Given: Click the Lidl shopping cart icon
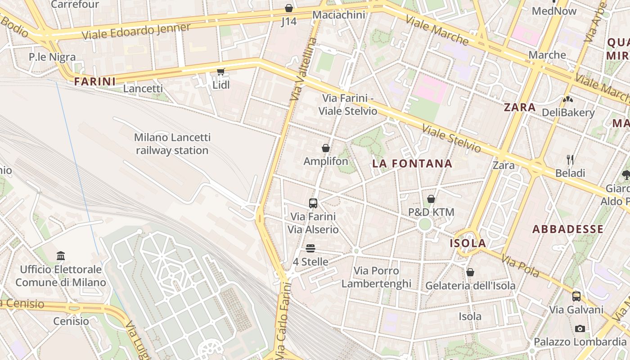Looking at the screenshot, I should pyautogui.click(x=220, y=72).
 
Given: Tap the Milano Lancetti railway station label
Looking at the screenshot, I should pyautogui.click(x=172, y=144).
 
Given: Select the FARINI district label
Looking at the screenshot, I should pyautogui.click(x=95, y=81).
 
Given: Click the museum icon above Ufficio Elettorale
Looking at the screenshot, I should pyautogui.click(x=61, y=256).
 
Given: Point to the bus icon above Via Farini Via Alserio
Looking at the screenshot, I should pyautogui.click(x=313, y=203).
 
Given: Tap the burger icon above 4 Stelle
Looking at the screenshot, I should pyautogui.click(x=310, y=248).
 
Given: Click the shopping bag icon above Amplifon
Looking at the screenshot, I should pyautogui.click(x=326, y=148).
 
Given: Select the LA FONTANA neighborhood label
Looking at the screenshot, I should pyautogui.click(x=412, y=164).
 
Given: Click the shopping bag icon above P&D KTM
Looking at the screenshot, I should pyautogui.click(x=431, y=199).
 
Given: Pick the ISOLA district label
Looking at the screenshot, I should pyautogui.click(x=468, y=243).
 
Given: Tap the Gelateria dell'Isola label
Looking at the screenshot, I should pyautogui.click(x=470, y=285).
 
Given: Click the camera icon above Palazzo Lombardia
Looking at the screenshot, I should pyautogui.click(x=580, y=328).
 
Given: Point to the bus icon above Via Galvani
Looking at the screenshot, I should pyautogui.click(x=576, y=297).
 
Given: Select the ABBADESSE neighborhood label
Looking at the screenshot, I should pyautogui.click(x=568, y=229).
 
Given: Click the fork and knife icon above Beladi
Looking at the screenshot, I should pyautogui.click(x=570, y=160).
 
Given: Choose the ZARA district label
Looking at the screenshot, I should pyautogui.click(x=520, y=108).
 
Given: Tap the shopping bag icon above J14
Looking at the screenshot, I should pyautogui.click(x=289, y=8).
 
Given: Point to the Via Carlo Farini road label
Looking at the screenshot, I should pyautogui.click(x=281, y=320).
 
